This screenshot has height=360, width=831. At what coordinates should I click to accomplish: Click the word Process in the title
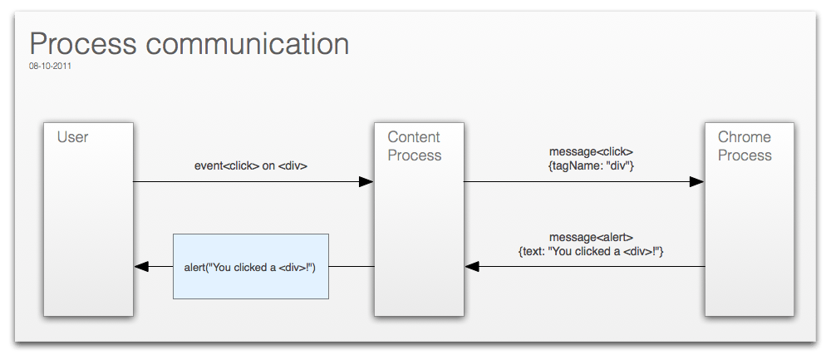83,43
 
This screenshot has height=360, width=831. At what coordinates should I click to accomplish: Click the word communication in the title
248,43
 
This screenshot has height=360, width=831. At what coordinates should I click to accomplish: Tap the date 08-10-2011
51,67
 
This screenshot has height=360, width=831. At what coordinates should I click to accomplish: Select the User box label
72,137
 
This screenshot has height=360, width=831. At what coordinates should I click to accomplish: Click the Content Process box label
415,145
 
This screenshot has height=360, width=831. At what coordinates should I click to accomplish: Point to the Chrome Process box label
745,145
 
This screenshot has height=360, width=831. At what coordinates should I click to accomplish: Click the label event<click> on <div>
251,165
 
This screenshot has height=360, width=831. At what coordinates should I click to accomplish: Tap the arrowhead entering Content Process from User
366,182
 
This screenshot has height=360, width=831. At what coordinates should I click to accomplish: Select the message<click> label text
591,152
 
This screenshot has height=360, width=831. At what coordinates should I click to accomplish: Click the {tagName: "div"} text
591,165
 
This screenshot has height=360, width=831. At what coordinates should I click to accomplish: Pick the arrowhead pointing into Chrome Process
696,182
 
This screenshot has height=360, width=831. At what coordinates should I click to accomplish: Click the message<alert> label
591,238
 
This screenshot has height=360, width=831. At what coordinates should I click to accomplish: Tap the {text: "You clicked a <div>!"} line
591,251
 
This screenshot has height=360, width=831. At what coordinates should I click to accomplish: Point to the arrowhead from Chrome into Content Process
472,266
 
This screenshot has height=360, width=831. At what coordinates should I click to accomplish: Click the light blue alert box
251,266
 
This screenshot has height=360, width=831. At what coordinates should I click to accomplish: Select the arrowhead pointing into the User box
141,266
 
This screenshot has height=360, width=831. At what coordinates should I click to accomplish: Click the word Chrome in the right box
745,137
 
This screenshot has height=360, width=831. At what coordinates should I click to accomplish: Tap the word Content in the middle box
414,137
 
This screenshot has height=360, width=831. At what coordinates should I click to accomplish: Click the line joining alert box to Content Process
352,266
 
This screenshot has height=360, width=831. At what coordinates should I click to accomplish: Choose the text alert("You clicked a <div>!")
250,267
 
